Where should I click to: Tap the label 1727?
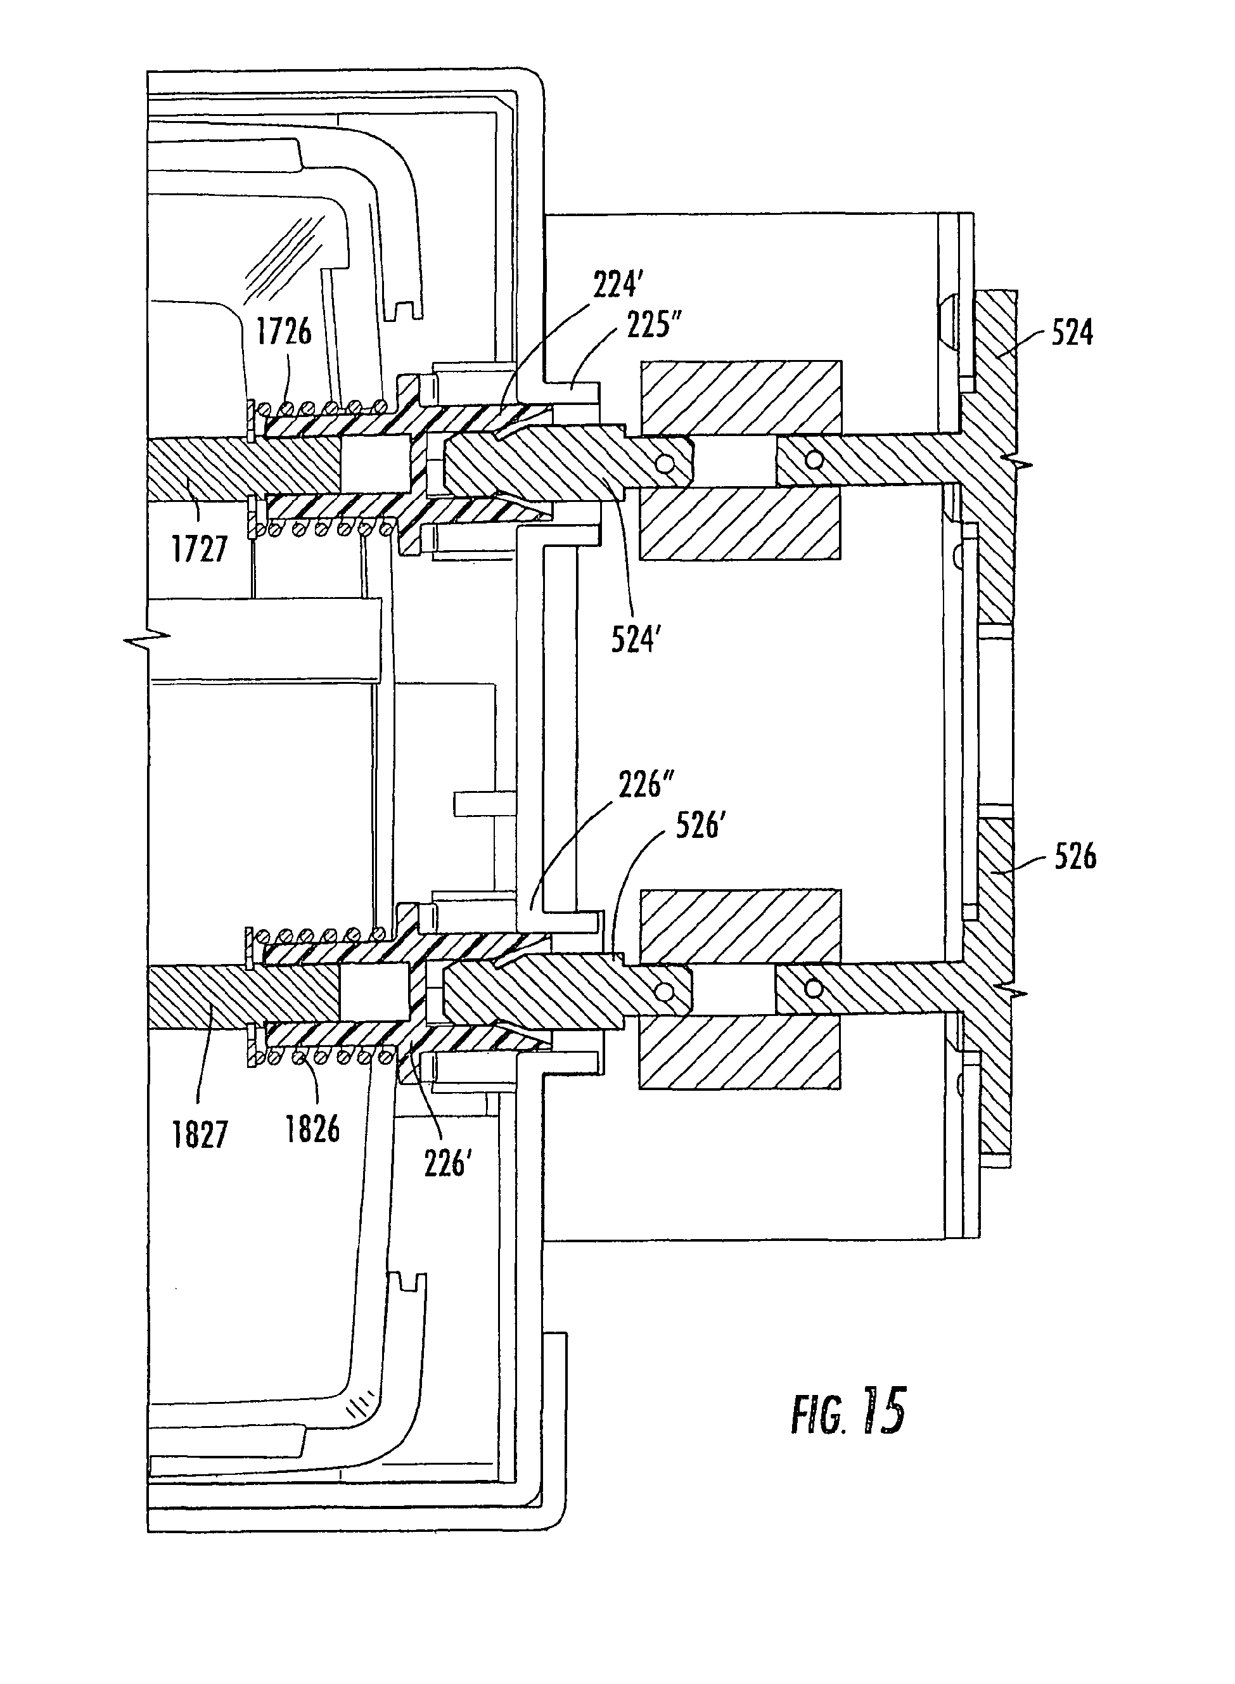point(199,550)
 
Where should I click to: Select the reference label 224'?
point(618,286)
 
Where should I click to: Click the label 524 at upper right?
point(1072,333)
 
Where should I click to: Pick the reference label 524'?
point(636,640)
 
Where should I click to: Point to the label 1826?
point(312,1129)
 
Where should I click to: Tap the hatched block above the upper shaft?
point(740,398)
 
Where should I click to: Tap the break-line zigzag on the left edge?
point(146,640)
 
